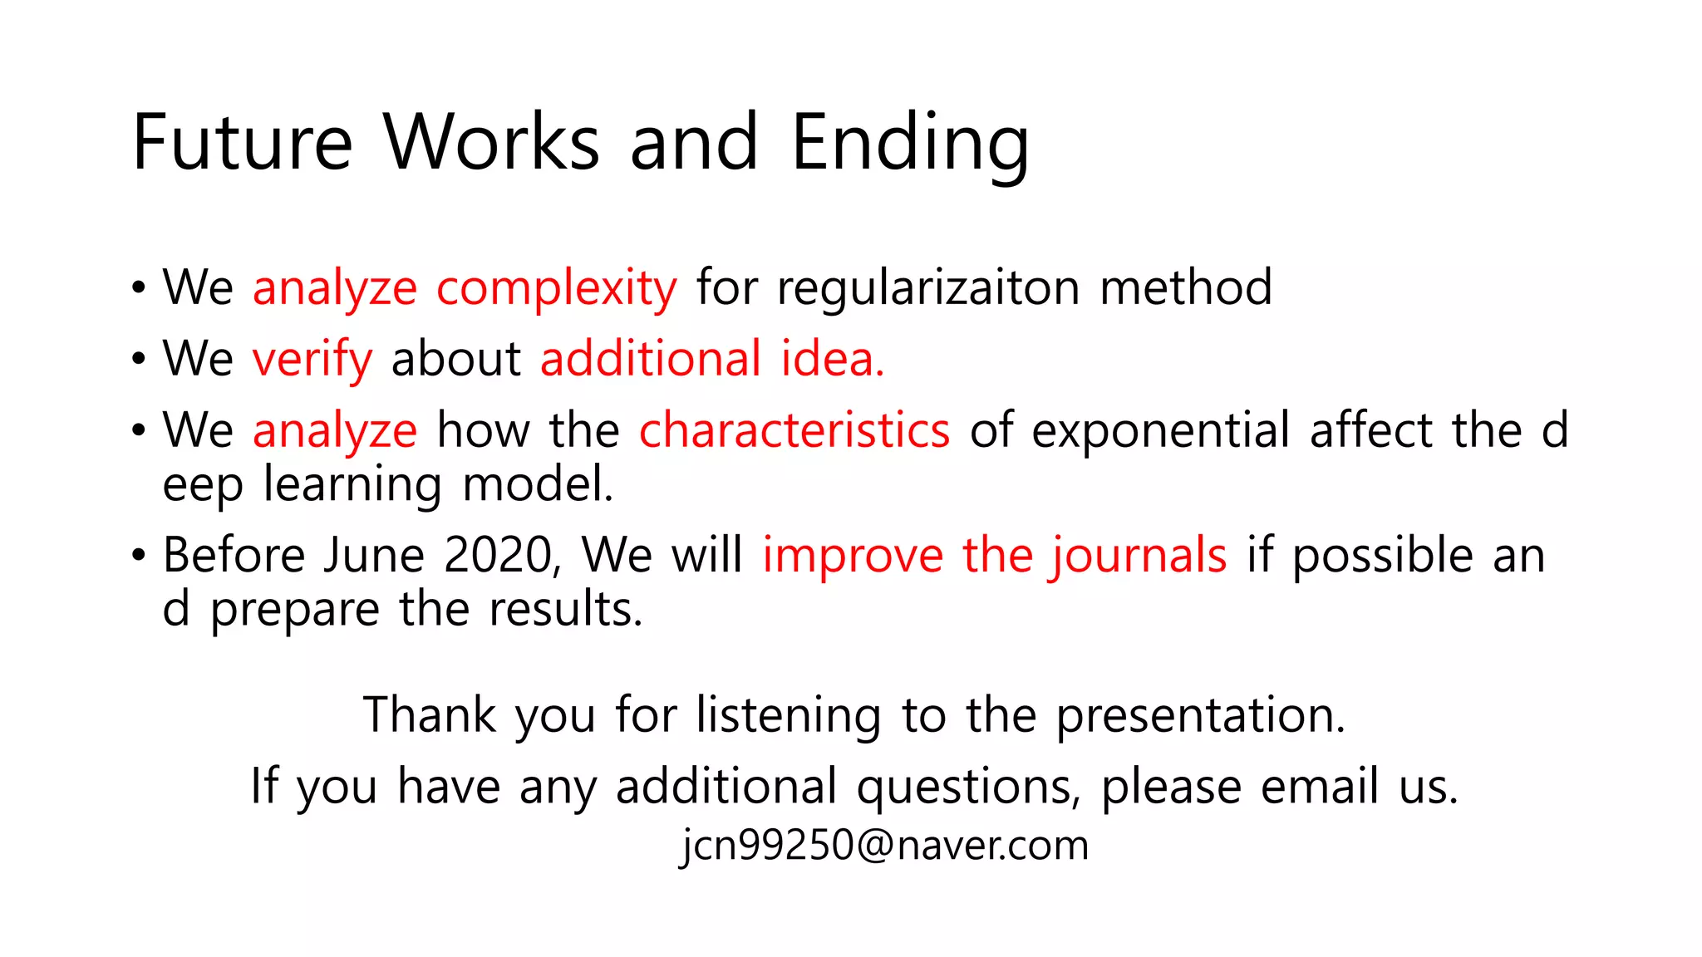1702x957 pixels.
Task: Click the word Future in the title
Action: [x=242, y=143]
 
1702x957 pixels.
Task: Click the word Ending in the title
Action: [x=910, y=143]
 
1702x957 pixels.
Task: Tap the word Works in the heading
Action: [x=491, y=143]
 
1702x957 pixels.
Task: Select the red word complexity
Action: [x=557, y=289]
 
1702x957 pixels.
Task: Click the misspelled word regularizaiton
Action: [x=928, y=289]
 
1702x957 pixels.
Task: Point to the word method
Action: [x=1186, y=287]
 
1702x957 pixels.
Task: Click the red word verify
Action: [x=312, y=361]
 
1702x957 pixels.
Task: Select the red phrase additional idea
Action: [x=712, y=359]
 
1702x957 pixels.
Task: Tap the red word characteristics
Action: [x=794, y=431]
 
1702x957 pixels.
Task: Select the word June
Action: [x=374, y=555]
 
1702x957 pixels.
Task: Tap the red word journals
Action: [x=1138, y=557]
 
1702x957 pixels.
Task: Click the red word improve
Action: [x=853, y=557]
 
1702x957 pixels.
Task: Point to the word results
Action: [x=566, y=610]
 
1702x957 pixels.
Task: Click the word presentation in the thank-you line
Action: [x=1200, y=715]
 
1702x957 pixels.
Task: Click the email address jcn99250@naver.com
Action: [x=884, y=846]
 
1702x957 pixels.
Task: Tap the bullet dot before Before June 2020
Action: [x=138, y=555]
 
